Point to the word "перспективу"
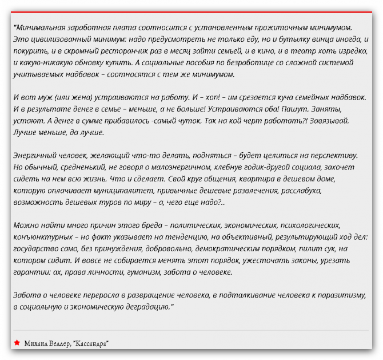click(x=329, y=155)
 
